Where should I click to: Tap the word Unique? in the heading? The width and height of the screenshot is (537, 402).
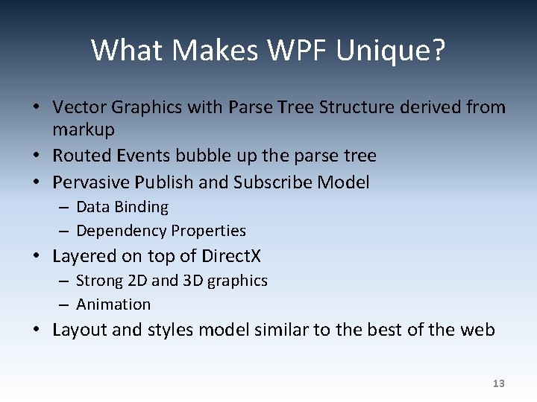tap(391, 51)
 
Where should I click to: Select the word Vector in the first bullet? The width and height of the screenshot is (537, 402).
tap(78, 107)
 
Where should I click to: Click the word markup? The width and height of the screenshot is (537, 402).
tap(84, 130)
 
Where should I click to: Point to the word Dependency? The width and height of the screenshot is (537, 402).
tap(121, 231)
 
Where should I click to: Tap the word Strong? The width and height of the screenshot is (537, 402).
tap(99, 281)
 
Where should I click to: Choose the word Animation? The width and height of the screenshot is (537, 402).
tap(113, 304)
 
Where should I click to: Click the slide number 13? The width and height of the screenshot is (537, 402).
tap(499, 383)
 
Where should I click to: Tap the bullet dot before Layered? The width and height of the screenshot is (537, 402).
tap(36, 256)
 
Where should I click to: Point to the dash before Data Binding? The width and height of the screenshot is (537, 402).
tap(63, 207)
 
